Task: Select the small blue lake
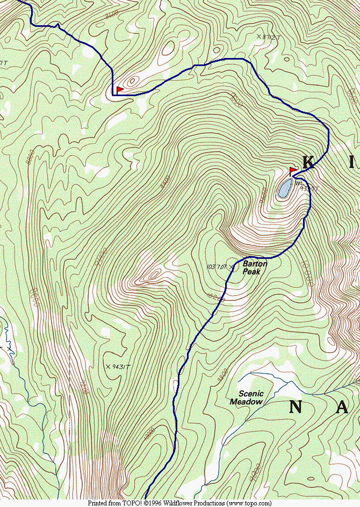(x=285, y=189)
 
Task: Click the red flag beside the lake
(x=293, y=170)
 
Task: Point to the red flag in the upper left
(x=119, y=89)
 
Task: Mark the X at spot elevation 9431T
(x=109, y=366)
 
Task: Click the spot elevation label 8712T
(x=271, y=37)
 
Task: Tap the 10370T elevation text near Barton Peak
(x=217, y=266)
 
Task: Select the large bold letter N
(x=295, y=407)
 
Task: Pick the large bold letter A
(x=342, y=408)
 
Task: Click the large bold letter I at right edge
(x=352, y=162)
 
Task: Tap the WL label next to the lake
(x=298, y=183)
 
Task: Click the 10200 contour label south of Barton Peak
(x=214, y=296)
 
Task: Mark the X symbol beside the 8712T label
(x=258, y=37)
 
